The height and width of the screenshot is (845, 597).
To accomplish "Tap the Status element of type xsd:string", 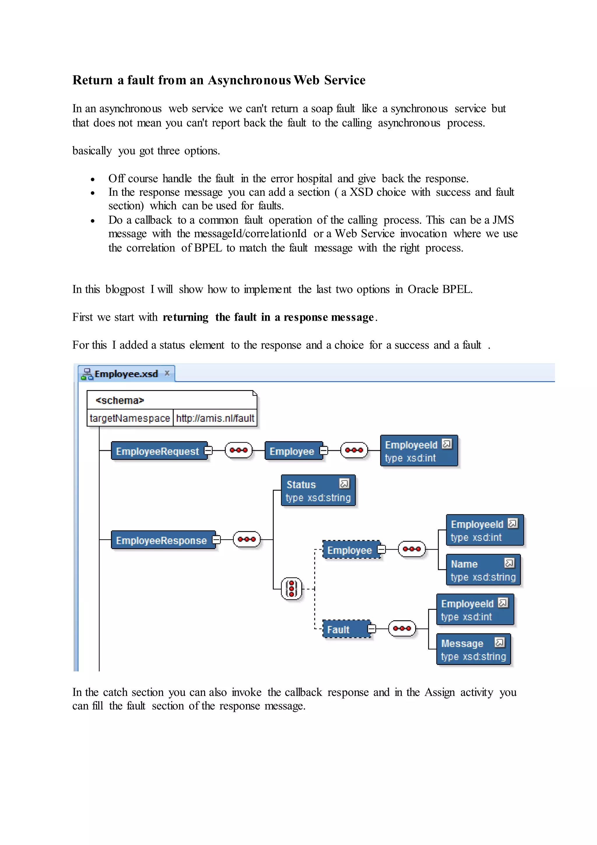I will coord(318,490).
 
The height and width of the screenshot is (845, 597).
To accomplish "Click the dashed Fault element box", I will coord(346,629).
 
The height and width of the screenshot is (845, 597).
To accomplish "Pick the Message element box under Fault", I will coord(473,650).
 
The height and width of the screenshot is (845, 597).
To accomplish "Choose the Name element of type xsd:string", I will coord(483,570).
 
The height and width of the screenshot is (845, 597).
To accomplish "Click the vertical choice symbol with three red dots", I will coord(292,589).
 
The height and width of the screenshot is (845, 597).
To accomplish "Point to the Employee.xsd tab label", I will coord(126,374).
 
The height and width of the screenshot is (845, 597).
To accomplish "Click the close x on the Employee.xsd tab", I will coord(167,373).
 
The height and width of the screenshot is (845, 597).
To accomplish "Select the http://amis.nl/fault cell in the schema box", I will coord(215,418).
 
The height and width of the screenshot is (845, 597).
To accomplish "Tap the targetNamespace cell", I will coord(130,418).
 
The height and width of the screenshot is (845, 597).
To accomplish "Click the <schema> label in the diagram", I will coord(120,400).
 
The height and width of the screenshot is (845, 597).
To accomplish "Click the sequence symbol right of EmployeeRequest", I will coord(238,450).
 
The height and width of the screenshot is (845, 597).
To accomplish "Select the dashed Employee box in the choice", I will coord(351,550).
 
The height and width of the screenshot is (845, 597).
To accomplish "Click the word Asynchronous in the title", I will coord(249,80).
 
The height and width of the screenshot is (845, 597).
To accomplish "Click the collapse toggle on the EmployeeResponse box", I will coord(217,540).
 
